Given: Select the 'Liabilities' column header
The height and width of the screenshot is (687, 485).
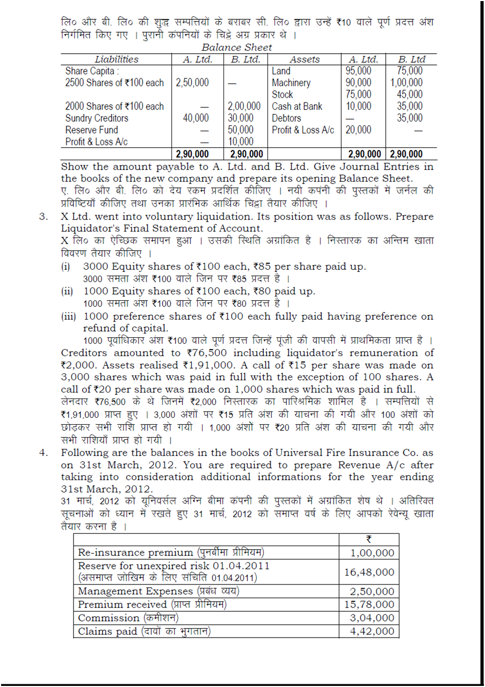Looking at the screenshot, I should pyautogui.click(x=117, y=59).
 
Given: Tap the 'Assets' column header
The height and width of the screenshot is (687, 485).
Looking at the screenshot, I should pyautogui.click(x=305, y=59).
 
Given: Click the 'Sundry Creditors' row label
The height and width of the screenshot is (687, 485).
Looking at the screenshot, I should pyautogui.click(x=97, y=118).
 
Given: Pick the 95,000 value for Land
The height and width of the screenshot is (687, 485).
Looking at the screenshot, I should pyautogui.click(x=358, y=71).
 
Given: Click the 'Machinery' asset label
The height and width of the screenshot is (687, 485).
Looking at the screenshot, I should pyautogui.click(x=291, y=83).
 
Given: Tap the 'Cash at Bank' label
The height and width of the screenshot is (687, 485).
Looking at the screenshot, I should pyautogui.click(x=297, y=106).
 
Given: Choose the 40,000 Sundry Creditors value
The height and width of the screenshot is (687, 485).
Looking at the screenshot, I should pyautogui.click(x=196, y=118).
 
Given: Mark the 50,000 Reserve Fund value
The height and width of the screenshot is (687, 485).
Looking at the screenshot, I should pyautogui.click(x=247, y=130).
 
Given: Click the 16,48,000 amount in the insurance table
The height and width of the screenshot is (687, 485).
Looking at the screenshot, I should pyautogui.click(x=369, y=572).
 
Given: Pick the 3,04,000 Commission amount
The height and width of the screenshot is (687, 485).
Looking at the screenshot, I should pyautogui.click(x=372, y=618).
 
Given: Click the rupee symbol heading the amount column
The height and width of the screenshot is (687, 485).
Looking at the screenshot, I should pyautogui.click(x=370, y=539).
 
